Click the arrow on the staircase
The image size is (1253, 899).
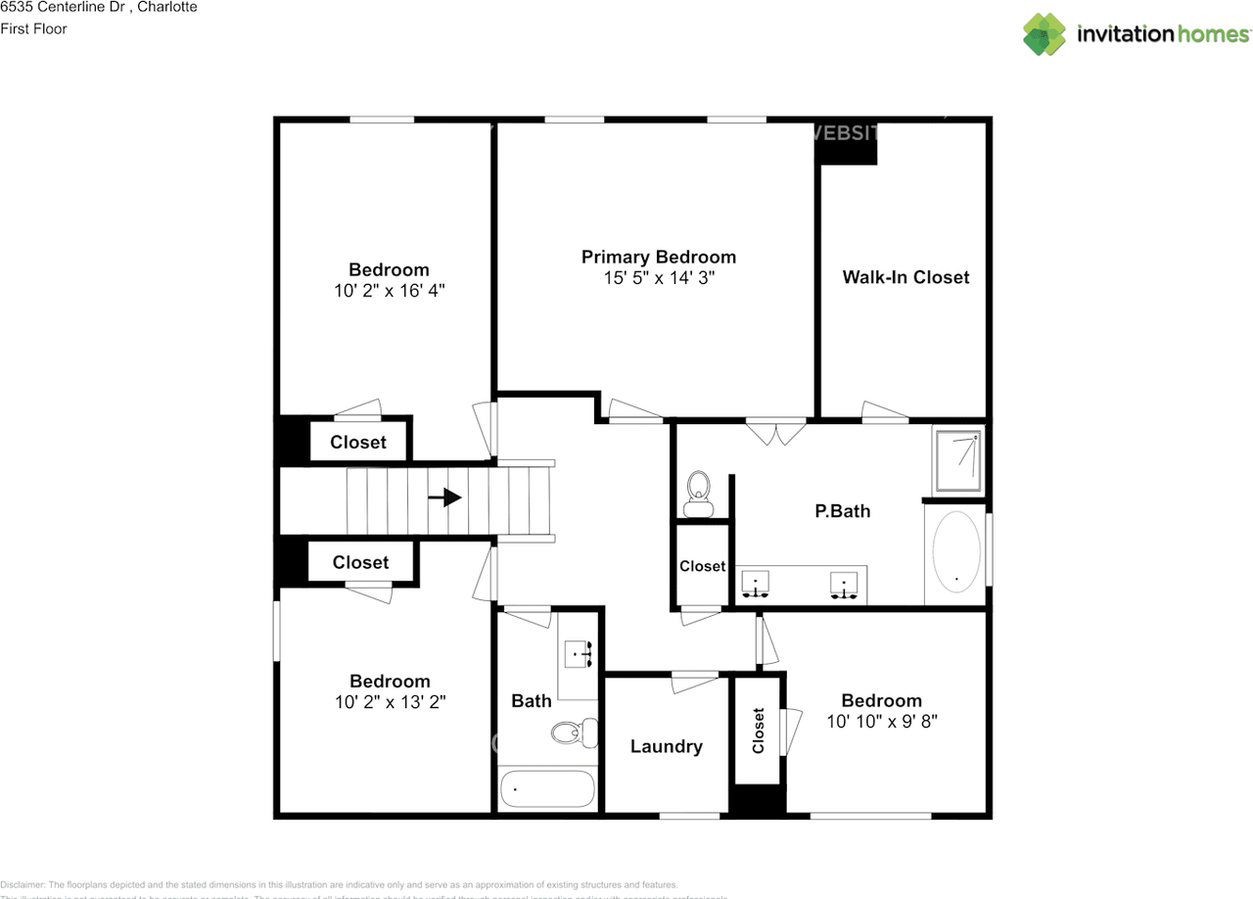[x=445, y=497]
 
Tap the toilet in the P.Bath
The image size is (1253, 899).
[x=698, y=493]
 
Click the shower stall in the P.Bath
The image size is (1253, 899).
[x=957, y=460]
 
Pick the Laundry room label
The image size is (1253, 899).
[x=666, y=746]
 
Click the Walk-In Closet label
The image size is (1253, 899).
[x=905, y=277]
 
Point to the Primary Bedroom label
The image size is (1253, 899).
[x=658, y=257]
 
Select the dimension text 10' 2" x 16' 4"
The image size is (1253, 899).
[x=389, y=291]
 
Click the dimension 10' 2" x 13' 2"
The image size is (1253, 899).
[x=390, y=702]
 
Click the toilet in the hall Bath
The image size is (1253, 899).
[x=574, y=731]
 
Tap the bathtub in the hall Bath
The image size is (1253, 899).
[x=546, y=788]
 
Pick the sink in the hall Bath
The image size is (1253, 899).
[x=578, y=653]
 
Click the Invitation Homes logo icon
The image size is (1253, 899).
[x=1045, y=34]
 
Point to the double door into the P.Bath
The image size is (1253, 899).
[x=776, y=432]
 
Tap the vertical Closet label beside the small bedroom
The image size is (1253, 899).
[x=759, y=731]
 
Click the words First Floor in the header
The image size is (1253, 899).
[x=33, y=28]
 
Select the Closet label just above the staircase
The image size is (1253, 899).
[x=358, y=442]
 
